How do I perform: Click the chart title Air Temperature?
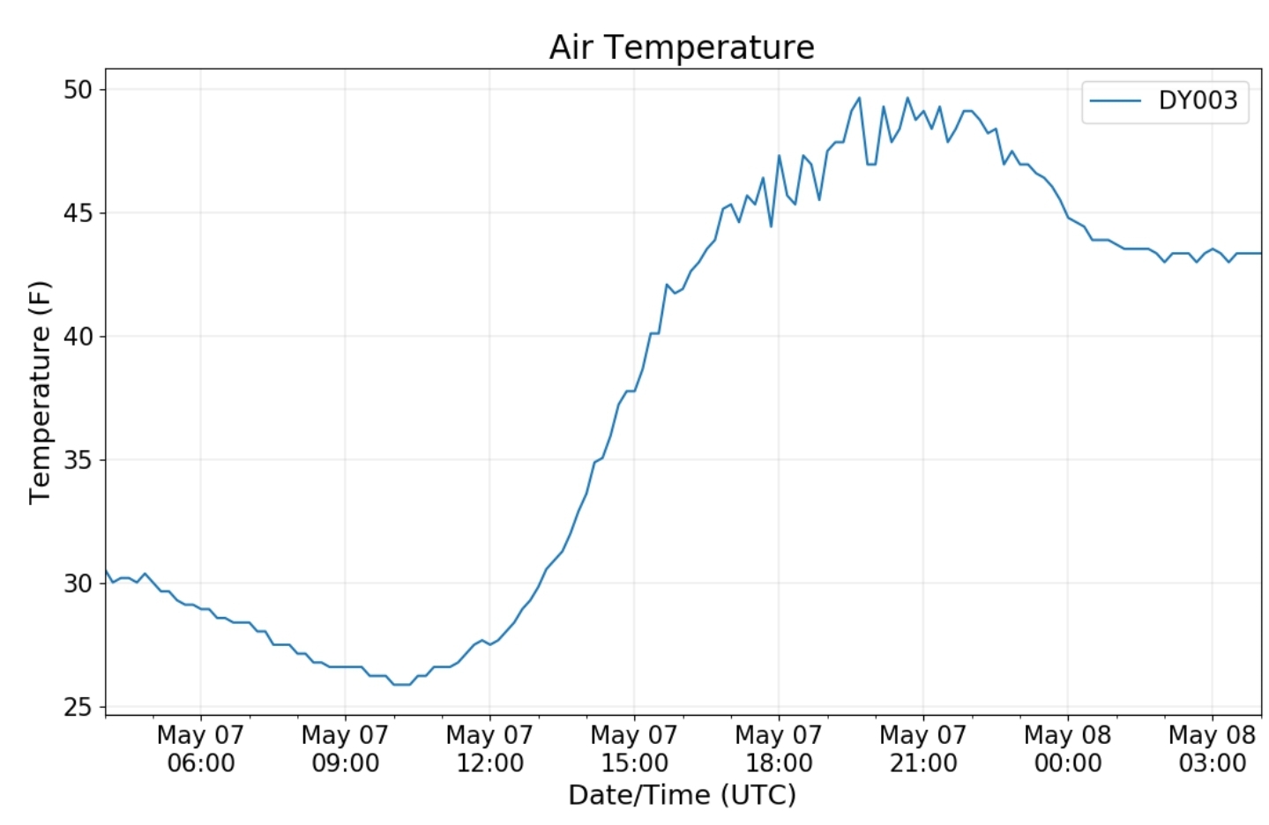point(682,48)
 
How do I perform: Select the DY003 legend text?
point(1198,100)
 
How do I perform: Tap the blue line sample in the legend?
point(1116,100)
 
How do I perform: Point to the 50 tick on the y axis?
point(78,90)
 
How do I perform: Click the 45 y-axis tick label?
point(78,213)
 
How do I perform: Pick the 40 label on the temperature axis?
point(78,337)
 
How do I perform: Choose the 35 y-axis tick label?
point(78,460)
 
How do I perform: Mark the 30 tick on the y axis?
point(78,583)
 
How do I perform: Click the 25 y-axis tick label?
point(78,707)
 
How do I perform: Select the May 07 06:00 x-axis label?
point(200,748)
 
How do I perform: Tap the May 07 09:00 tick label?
point(345,748)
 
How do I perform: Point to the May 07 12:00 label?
point(489,748)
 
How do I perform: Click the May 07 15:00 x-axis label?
point(634,748)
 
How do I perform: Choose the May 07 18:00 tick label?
point(779,748)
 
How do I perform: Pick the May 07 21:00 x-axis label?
point(923,748)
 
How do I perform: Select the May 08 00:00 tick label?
point(1068,748)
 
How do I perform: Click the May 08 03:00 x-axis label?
point(1213,748)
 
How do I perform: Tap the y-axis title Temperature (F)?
point(41,392)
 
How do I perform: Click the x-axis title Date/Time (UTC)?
point(682,795)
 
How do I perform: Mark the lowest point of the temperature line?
point(401,684)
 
